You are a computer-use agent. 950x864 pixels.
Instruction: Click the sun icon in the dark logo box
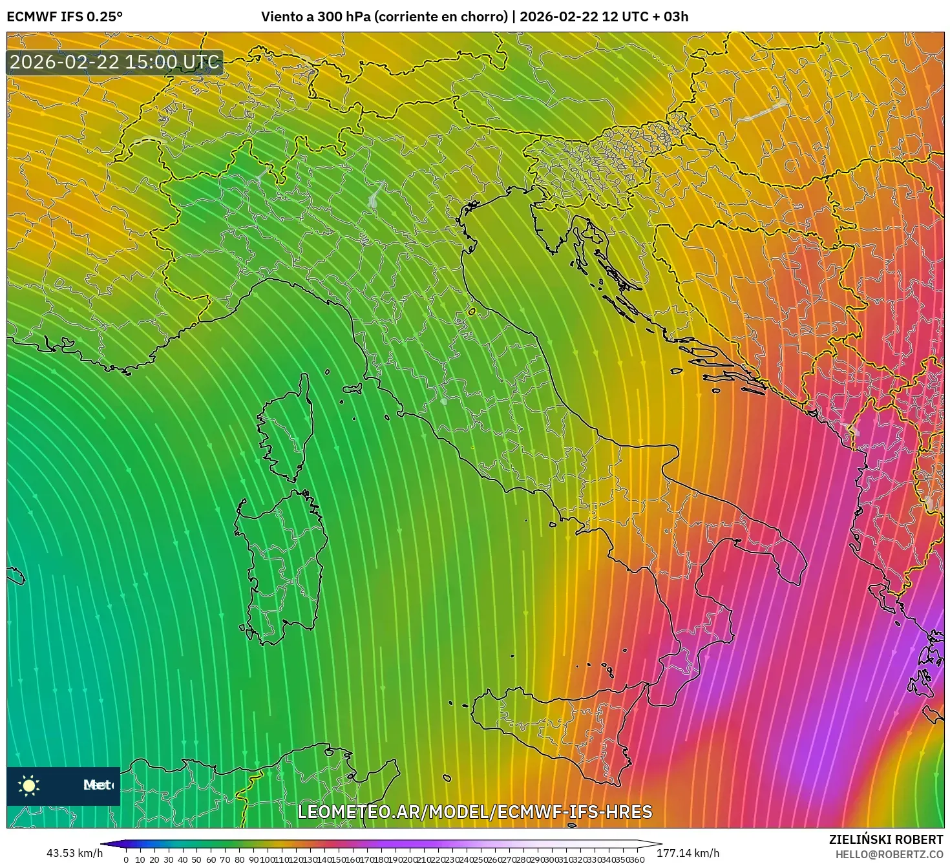click(x=29, y=785)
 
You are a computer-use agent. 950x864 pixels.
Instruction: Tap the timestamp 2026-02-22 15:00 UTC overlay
click(x=114, y=62)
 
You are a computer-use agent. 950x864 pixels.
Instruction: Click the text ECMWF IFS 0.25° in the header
click(x=65, y=17)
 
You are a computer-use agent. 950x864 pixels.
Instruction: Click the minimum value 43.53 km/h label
click(x=74, y=853)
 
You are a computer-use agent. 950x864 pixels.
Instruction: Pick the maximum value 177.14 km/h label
click(x=688, y=853)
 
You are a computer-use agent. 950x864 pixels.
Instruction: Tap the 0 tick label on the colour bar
click(x=126, y=859)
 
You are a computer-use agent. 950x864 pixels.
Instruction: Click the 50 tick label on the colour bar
click(x=196, y=859)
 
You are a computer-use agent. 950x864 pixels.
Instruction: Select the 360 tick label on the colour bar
click(x=637, y=859)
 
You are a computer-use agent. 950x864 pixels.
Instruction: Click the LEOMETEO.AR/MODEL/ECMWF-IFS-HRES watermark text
click(x=475, y=812)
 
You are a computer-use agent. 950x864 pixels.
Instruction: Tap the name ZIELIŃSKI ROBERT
click(x=885, y=839)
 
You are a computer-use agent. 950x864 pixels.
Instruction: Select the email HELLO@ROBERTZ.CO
click(x=889, y=854)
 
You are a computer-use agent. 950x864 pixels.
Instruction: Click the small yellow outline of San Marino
click(x=472, y=312)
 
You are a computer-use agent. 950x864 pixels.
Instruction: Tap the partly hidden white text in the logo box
click(x=98, y=785)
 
